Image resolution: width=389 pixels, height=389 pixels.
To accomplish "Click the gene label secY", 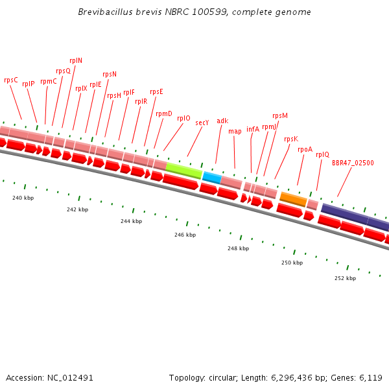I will [202, 123].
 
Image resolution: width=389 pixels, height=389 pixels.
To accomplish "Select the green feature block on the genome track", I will [183, 171].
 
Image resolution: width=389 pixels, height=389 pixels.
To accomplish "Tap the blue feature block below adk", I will [212, 177].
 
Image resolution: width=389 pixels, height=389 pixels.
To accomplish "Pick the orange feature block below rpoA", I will [293, 199].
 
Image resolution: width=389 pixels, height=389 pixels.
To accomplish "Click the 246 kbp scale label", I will [185, 235].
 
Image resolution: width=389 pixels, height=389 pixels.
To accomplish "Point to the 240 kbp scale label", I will [23, 198].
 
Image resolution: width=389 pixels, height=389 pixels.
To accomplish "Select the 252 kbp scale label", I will [345, 278].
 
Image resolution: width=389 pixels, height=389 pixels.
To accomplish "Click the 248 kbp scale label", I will [238, 248].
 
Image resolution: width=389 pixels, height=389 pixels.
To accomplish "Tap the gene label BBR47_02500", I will [353, 163].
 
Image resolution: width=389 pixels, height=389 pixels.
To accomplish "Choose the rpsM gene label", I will [280, 116].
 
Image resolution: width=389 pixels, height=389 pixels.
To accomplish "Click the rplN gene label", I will [76, 60].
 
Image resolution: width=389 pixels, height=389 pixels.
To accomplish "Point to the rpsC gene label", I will [11, 80].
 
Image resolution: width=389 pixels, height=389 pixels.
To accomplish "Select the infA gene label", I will [253, 129].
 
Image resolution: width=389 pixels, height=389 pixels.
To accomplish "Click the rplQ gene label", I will [322, 154].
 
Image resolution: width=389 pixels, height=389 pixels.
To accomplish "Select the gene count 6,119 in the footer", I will [370, 377].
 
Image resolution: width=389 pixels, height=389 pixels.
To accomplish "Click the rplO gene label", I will [183, 119].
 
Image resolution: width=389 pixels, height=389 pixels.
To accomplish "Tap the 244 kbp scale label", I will [131, 221].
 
